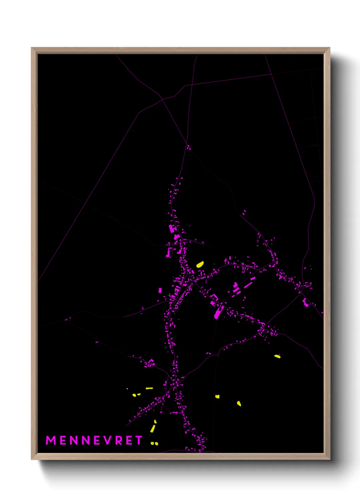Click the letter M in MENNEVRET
click(51, 440)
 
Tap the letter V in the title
click(107, 440)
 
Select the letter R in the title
click(118, 440)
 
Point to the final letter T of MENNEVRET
click(138, 440)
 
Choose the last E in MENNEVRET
click(129, 440)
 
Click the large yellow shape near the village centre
click(200, 264)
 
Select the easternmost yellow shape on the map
click(277, 356)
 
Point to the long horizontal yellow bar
click(149, 388)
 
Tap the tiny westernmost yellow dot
click(127, 389)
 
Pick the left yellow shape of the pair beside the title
click(152, 443)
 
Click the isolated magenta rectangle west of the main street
click(160, 290)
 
